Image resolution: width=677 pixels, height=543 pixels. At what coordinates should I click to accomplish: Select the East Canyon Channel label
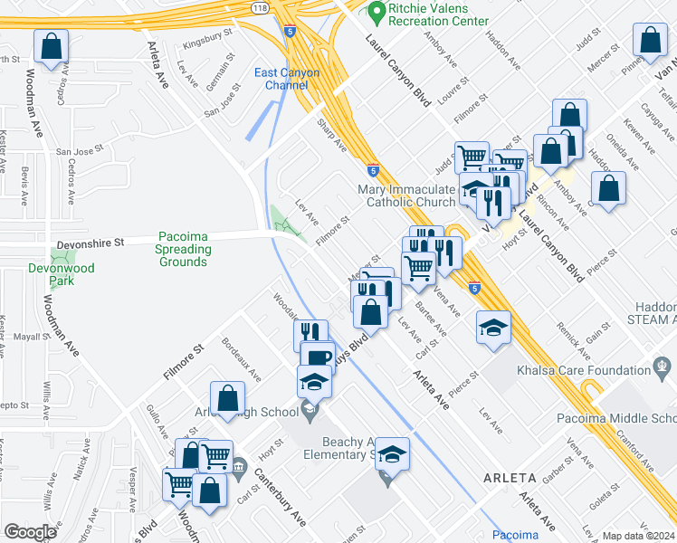[281, 79]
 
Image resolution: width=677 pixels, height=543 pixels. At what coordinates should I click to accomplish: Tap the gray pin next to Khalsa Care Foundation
[663, 369]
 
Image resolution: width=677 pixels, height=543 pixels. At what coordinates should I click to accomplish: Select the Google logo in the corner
[30, 532]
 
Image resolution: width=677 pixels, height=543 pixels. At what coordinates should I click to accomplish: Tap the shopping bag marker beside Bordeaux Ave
[227, 397]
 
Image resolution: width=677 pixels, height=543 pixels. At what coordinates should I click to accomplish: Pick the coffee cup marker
[317, 357]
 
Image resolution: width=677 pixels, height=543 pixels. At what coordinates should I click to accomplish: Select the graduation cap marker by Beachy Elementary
[392, 453]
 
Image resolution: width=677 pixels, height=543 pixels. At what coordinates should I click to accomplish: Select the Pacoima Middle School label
[638, 418]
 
